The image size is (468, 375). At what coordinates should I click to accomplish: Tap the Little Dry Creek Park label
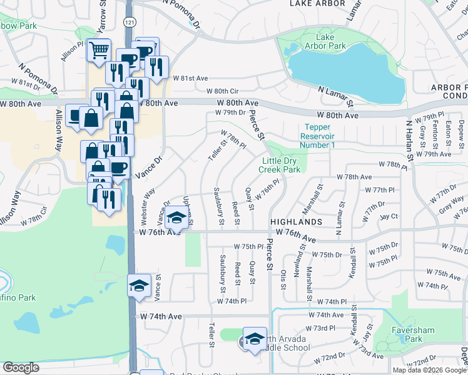tap(280, 165)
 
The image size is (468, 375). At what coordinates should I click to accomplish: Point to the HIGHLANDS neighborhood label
tap(296, 222)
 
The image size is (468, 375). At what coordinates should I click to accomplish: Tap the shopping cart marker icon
tap(98, 50)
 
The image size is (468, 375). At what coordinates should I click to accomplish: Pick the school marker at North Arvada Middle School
tap(255, 338)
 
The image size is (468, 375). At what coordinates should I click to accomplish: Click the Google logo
tap(21, 367)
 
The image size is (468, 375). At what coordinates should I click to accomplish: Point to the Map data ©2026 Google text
tap(430, 370)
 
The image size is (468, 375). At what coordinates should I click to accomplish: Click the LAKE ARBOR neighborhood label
tap(317, 4)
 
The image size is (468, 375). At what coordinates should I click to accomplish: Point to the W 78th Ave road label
tap(354, 177)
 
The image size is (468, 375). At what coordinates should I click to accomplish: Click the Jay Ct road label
tap(389, 216)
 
